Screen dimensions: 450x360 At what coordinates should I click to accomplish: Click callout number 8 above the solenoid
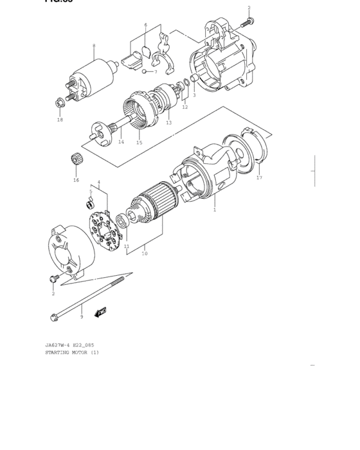[x=94, y=46]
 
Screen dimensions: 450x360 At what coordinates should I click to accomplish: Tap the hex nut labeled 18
[x=60, y=102]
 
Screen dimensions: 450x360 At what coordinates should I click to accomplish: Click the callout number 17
[x=259, y=177]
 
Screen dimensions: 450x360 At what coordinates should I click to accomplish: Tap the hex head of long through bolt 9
[x=53, y=316]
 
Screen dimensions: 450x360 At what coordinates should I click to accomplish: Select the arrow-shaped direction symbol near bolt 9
[x=100, y=313]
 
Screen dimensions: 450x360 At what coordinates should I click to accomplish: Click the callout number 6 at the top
[x=145, y=25]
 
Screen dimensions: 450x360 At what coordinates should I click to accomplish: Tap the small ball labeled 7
[x=145, y=71]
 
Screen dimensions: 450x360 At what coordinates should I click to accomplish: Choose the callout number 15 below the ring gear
[x=139, y=143]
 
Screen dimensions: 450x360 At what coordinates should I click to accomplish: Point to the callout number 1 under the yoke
[x=215, y=210]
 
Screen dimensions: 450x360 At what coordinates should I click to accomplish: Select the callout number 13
[x=168, y=123]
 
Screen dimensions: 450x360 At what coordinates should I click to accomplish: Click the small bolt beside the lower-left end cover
[x=53, y=278]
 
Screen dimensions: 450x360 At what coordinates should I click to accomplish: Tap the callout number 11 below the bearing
[x=126, y=246]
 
